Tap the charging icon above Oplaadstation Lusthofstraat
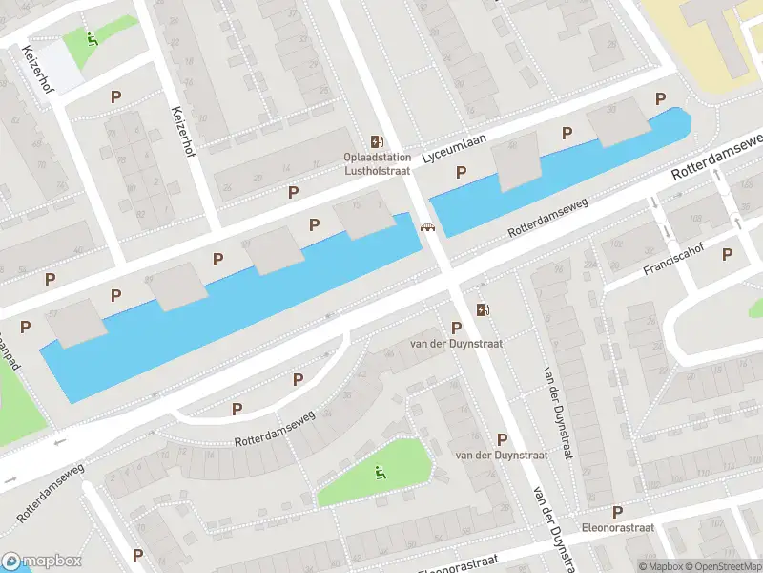[378, 141]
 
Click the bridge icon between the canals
[427, 227]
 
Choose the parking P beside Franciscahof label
[728, 254]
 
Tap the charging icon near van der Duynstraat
[483, 308]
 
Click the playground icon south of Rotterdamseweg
[379, 471]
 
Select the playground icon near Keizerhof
[92, 39]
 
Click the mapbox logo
[41, 562]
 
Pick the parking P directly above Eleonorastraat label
[617, 512]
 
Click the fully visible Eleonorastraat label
[617, 527]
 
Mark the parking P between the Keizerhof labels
[116, 96]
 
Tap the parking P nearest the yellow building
[659, 99]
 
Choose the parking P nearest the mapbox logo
[137, 555]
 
